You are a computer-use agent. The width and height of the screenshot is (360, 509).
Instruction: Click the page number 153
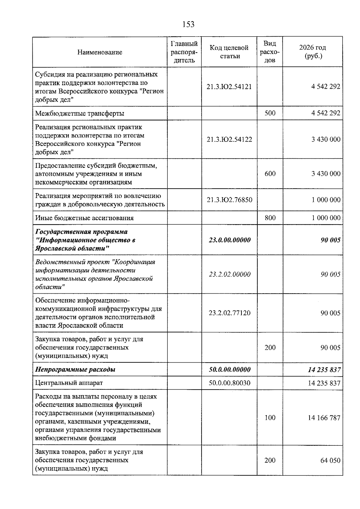188,24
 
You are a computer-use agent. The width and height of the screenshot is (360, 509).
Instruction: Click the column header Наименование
100,52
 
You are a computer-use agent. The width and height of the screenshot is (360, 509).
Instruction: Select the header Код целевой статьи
229,52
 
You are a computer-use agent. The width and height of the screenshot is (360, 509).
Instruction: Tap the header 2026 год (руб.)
313,52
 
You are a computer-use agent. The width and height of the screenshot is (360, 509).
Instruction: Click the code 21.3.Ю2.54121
229,87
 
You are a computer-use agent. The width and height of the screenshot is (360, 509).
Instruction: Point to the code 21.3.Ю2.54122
229,139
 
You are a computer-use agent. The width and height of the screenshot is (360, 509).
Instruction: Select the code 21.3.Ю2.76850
229,200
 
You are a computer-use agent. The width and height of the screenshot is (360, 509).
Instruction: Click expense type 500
270,113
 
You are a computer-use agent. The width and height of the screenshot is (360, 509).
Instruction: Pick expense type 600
270,174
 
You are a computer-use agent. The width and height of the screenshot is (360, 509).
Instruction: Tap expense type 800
270,218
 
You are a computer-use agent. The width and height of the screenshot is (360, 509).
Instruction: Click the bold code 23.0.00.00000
229,240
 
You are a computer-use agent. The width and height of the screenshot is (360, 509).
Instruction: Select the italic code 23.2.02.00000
229,274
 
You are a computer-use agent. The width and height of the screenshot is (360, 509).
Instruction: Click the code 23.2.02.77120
229,313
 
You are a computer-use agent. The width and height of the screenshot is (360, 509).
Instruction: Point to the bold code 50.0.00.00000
229,370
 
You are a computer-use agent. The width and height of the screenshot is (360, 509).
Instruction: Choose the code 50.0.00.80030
229,383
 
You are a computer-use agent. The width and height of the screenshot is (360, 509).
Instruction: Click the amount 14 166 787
324,418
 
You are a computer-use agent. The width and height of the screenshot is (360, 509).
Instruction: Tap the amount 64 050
330,460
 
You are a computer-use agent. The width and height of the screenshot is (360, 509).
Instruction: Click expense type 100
270,418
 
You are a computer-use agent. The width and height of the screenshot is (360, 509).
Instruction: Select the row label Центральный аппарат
69,383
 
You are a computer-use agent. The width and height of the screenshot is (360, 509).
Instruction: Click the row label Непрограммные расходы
75,370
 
